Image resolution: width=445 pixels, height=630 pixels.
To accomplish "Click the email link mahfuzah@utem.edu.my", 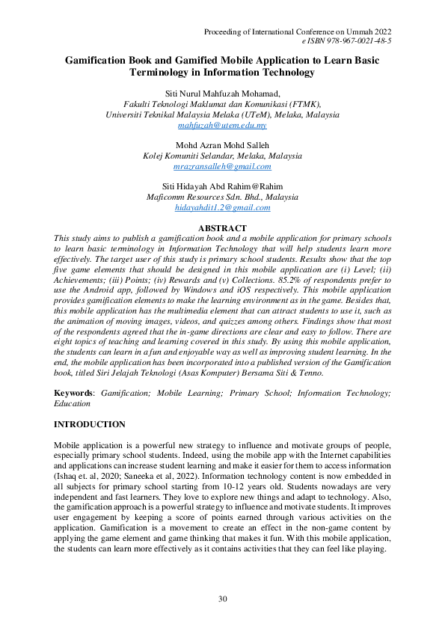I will [222, 126].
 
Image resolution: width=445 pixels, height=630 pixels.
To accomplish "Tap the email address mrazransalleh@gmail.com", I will [222, 166].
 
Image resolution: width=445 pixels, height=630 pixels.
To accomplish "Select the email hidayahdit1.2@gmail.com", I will [222, 207].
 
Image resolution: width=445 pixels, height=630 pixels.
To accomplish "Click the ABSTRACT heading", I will [222, 227].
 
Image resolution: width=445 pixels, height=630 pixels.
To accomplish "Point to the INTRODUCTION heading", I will [90, 424].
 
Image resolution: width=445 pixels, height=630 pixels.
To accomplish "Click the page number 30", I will [222, 598].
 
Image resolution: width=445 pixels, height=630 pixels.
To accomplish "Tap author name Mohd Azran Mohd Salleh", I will [222, 145].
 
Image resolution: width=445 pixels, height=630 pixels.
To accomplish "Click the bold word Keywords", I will [75, 393].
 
